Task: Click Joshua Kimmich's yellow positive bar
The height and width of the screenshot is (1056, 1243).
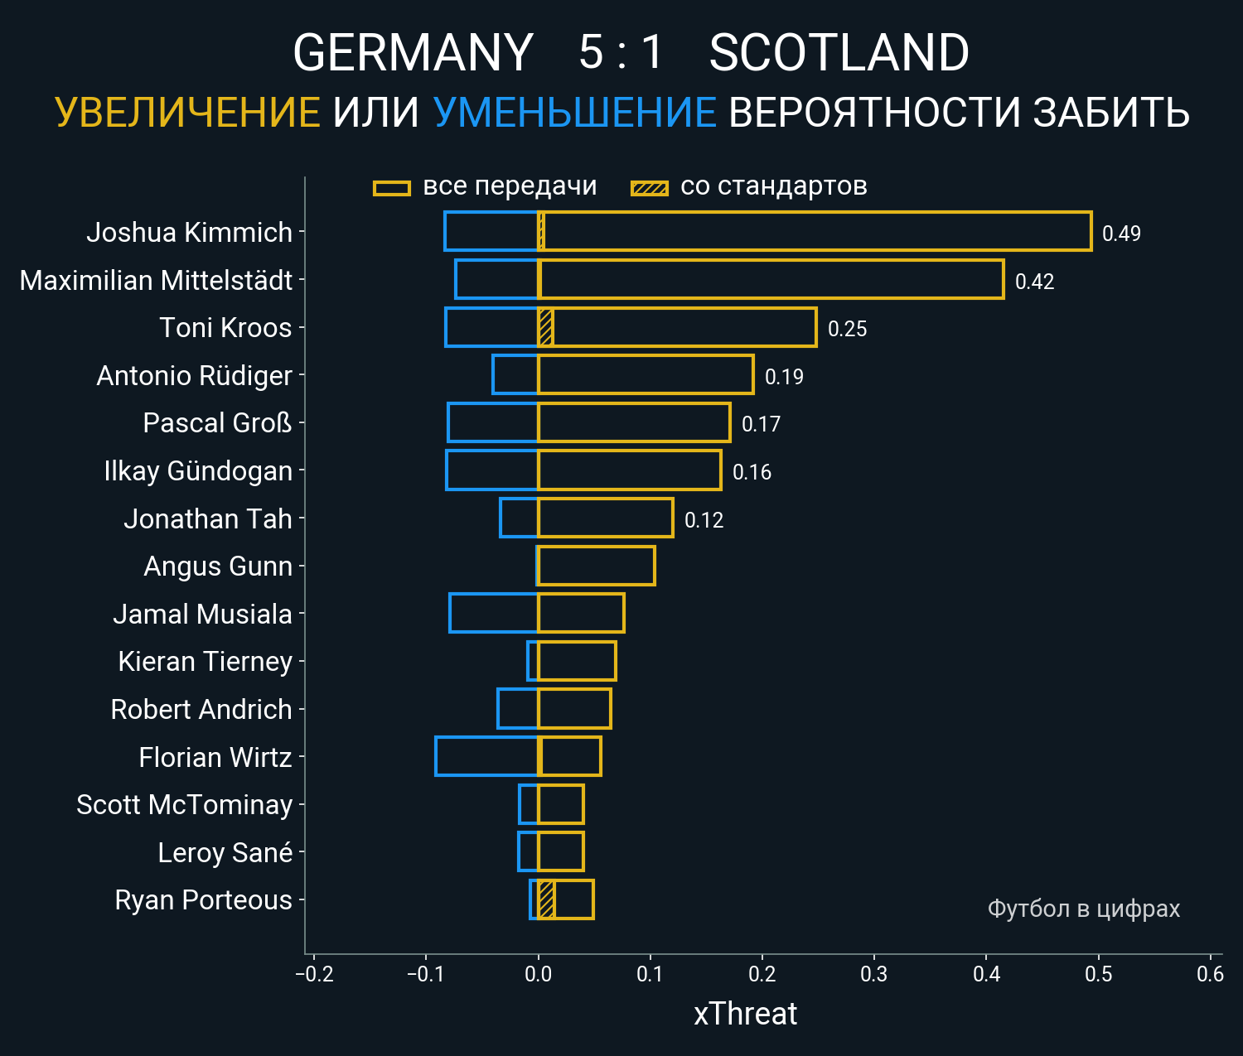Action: click(816, 231)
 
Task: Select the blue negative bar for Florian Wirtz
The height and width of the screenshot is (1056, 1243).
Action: click(486, 756)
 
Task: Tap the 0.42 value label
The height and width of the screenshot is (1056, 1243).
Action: click(1034, 282)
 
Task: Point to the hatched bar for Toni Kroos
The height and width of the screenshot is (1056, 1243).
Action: click(545, 327)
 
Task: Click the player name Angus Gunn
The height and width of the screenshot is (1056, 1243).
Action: click(218, 567)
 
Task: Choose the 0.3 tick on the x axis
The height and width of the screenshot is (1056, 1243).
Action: click(874, 974)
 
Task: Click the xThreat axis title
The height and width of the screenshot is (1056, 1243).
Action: click(745, 1014)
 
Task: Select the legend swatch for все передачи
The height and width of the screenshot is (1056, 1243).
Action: click(392, 188)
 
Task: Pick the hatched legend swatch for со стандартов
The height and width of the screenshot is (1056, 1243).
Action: click(649, 188)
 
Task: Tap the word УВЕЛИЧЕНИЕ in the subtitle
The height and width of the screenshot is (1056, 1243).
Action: click(187, 113)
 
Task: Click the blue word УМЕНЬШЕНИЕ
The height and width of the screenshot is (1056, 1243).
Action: click(574, 113)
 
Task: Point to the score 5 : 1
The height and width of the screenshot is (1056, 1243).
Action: click(621, 53)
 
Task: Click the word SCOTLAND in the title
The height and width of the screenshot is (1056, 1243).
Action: click(839, 53)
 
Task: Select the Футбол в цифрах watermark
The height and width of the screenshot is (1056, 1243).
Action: click(1083, 909)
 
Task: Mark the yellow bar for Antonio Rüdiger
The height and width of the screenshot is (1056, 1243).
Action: click(646, 374)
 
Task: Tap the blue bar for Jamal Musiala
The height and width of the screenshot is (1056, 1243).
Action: click(493, 613)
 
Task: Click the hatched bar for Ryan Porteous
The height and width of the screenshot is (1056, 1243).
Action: click(546, 899)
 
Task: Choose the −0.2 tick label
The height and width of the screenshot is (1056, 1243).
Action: click(314, 974)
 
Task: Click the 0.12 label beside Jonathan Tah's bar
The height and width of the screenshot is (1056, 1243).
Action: click(704, 520)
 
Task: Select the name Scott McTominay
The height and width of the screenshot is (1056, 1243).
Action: click(184, 805)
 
